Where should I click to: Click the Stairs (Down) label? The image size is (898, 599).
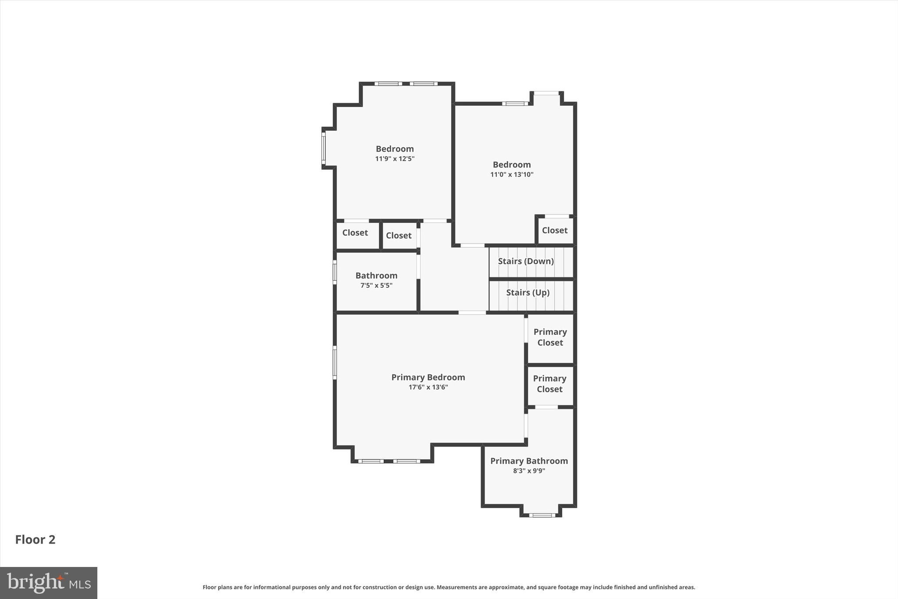[525, 261]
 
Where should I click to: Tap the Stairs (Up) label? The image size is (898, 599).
[527, 293]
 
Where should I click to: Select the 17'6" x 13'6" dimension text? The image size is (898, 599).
[428, 387]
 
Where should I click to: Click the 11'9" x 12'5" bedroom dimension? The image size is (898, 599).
[395, 159]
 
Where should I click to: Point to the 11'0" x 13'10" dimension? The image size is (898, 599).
[512, 175]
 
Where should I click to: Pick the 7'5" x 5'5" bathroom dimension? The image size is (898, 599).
[376, 285]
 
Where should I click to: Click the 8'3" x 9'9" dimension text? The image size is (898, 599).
[529, 471]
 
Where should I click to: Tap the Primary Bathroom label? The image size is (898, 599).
[529, 461]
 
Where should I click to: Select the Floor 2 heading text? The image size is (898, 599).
[35, 539]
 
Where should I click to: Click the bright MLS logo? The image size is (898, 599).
[49, 583]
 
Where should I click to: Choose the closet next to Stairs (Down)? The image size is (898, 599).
[555, 230]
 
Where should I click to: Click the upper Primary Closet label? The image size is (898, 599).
[550, 337]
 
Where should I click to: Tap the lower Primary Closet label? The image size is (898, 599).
[549, 384]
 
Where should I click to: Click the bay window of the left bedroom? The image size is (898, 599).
[324, 148]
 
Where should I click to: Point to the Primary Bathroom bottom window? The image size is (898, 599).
[542, 515]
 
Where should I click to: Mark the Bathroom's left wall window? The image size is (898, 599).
[335, 272]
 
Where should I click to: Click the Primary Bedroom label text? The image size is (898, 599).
[428, 377]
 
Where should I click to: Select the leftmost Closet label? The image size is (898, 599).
[355, 233]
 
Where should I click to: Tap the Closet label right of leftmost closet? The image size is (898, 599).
[399, 236]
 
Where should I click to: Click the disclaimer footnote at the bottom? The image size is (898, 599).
[449, 587]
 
